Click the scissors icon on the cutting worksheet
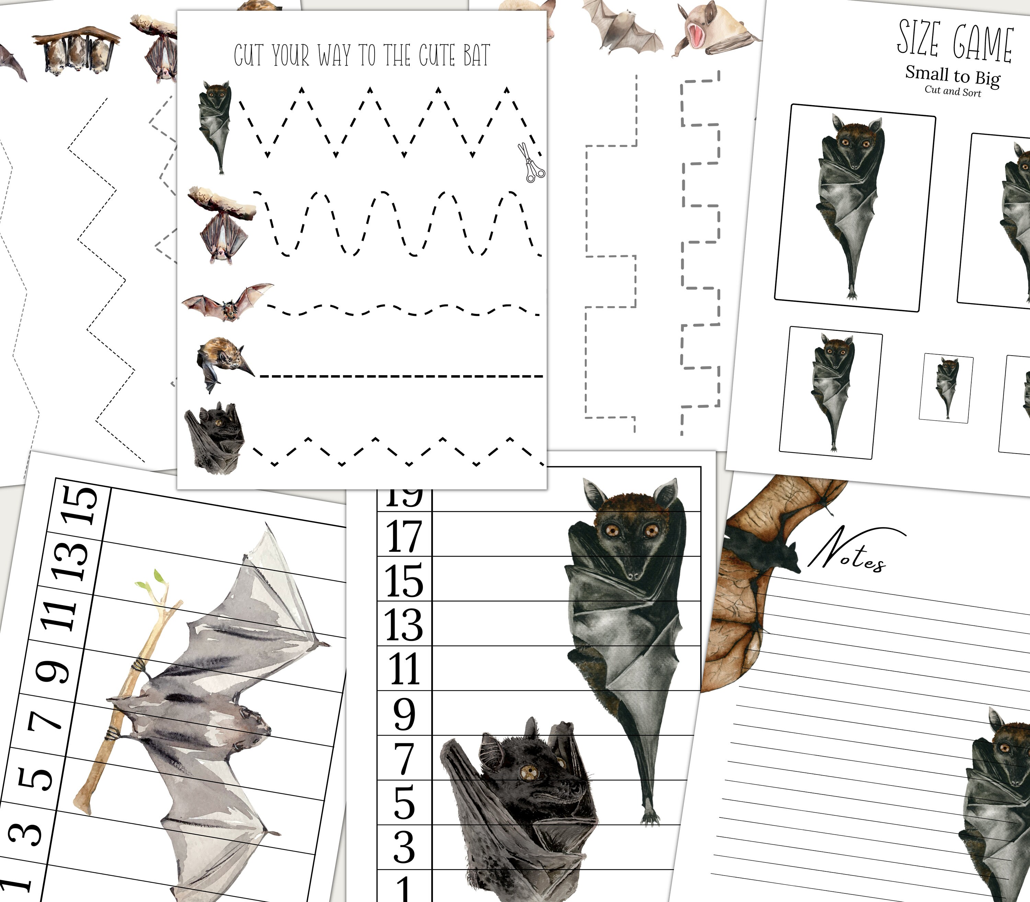530,163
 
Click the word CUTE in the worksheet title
437,55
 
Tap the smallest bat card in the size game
946,388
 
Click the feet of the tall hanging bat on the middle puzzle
651,817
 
